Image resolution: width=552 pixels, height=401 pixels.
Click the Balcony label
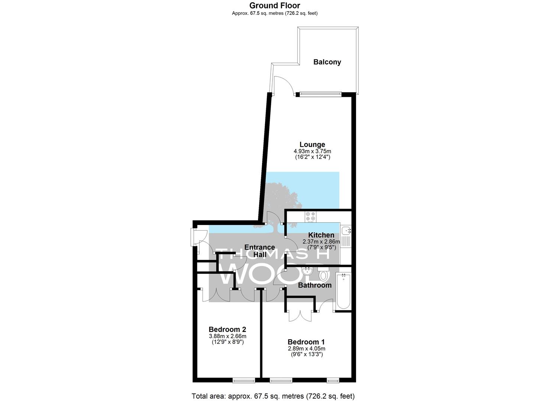(327, 62)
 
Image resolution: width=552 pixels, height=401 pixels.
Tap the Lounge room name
(312, 144)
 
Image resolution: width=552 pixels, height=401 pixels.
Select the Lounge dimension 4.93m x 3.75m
(312, 151)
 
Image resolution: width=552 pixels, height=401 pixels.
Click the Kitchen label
(321, 235)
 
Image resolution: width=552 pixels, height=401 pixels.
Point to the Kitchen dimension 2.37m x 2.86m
(321, 242)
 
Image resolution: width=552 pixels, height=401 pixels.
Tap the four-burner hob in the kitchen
(311, 216)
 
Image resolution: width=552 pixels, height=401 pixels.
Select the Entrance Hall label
(259, 251)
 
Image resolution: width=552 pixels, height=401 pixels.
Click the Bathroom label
(315, 285)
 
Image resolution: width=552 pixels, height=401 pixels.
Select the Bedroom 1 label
(306, 342)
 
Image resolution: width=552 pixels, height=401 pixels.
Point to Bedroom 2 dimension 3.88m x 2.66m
(227, 336)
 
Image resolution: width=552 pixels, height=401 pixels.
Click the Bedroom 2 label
(227, 329)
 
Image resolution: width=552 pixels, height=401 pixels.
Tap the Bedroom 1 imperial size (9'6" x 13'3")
(307, 355)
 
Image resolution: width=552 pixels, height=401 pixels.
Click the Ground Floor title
(275, 5)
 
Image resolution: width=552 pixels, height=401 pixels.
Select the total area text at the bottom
(273, 396)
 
